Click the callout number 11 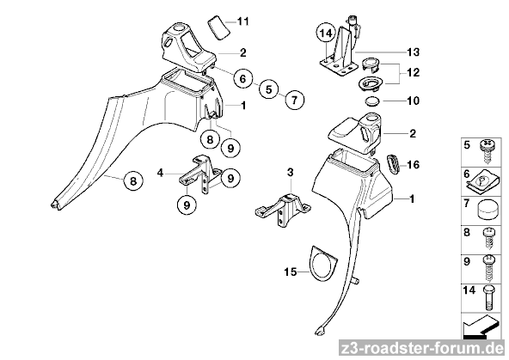pyautogui.click(x=242, y=21)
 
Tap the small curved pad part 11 pyautogui.click(x=218, y=27)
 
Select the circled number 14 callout pyautogui.click(x=326, y=33)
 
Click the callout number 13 pyautogui.click(x=413, y=52)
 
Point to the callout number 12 pyautogui.click(x=413, y=72)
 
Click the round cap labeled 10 pyautogui.click(x=372, y=101)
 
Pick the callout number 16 pyautogui.click(x=413, y=165)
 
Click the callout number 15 pyautogui.click(x=291, y=272)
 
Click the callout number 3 pyautogui.click(x=291, y=172)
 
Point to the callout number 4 pyautogui.click(x=160, y=173)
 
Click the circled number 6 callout pyautogui.click(x=243, y=78)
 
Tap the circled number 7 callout pyautogui.click(x=294, y=100)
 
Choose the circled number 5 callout pyautogui.click(x=269, y=89)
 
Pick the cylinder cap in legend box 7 pyautogui.click(x=487, y=211)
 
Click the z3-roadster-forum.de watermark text pyautogui.click(x=423, y=350)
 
